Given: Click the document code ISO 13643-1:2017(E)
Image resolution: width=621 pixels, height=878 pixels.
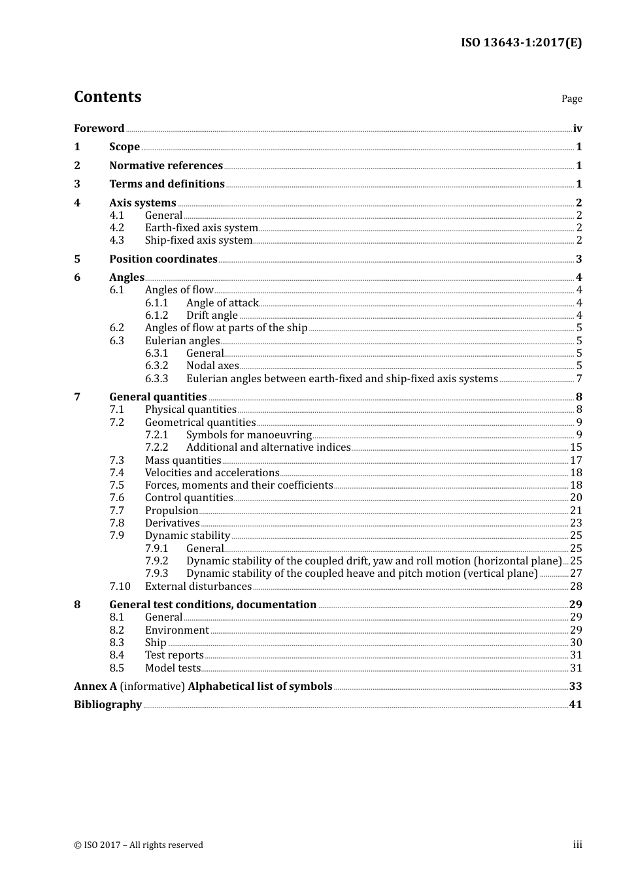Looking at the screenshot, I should pyautogui.click(x=521, y=43).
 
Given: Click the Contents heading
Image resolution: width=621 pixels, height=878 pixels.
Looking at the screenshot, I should pyautogui.click(x=107, y=97).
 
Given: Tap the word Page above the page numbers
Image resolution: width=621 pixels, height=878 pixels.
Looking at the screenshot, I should pyautogui.click(x=571, y=99).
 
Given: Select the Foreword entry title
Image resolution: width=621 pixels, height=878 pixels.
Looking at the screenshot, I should pyautogui.click(x=99, y=129).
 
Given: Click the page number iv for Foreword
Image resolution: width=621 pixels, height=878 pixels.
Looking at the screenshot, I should pyautogui.click(x=577, y=129).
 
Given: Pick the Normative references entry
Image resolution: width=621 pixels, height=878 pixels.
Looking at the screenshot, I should pyautogui.click(x=166, y=166).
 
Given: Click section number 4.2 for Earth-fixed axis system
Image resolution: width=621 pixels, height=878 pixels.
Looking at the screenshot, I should pyautogui.click(x=116, y=228).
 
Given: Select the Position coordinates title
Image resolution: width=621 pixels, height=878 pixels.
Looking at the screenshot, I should pyautogui.click(x=163, y=259).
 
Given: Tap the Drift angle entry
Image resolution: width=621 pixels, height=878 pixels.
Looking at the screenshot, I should pyautogui.click(x=212, y=316).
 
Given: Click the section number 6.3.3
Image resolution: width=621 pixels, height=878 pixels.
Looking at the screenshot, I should pyautogui.click(x=156, y=379).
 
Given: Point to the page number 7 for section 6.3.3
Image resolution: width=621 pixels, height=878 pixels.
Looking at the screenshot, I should pyautogui.click(x=579, y=379).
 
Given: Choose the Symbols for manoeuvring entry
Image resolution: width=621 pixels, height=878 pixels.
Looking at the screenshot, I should pyautogui.click(x=248, y=435).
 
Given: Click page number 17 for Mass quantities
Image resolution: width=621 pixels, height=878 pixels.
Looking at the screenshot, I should pyautogui.click(x=576, y=461).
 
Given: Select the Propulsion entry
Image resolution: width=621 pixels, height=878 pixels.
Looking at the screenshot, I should pyautogui.click(x=171, y=511).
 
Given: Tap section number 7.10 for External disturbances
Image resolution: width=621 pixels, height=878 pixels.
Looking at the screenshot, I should pyautogui.click(x=120, y=587).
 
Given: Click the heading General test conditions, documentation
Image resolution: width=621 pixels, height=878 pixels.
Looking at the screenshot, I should pyautogui.click(x=212, y=605).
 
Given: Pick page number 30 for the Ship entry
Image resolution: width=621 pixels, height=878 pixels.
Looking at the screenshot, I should pyautogui.click(x=576, y=643).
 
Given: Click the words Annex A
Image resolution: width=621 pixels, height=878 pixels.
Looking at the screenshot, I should pyautogui.click(x=95, y=687).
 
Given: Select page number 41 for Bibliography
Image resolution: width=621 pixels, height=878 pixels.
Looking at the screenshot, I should pyautogui.click(x=575, y=705).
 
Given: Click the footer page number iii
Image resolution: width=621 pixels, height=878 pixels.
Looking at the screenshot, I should pyautogui.click(x=577, y=845).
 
